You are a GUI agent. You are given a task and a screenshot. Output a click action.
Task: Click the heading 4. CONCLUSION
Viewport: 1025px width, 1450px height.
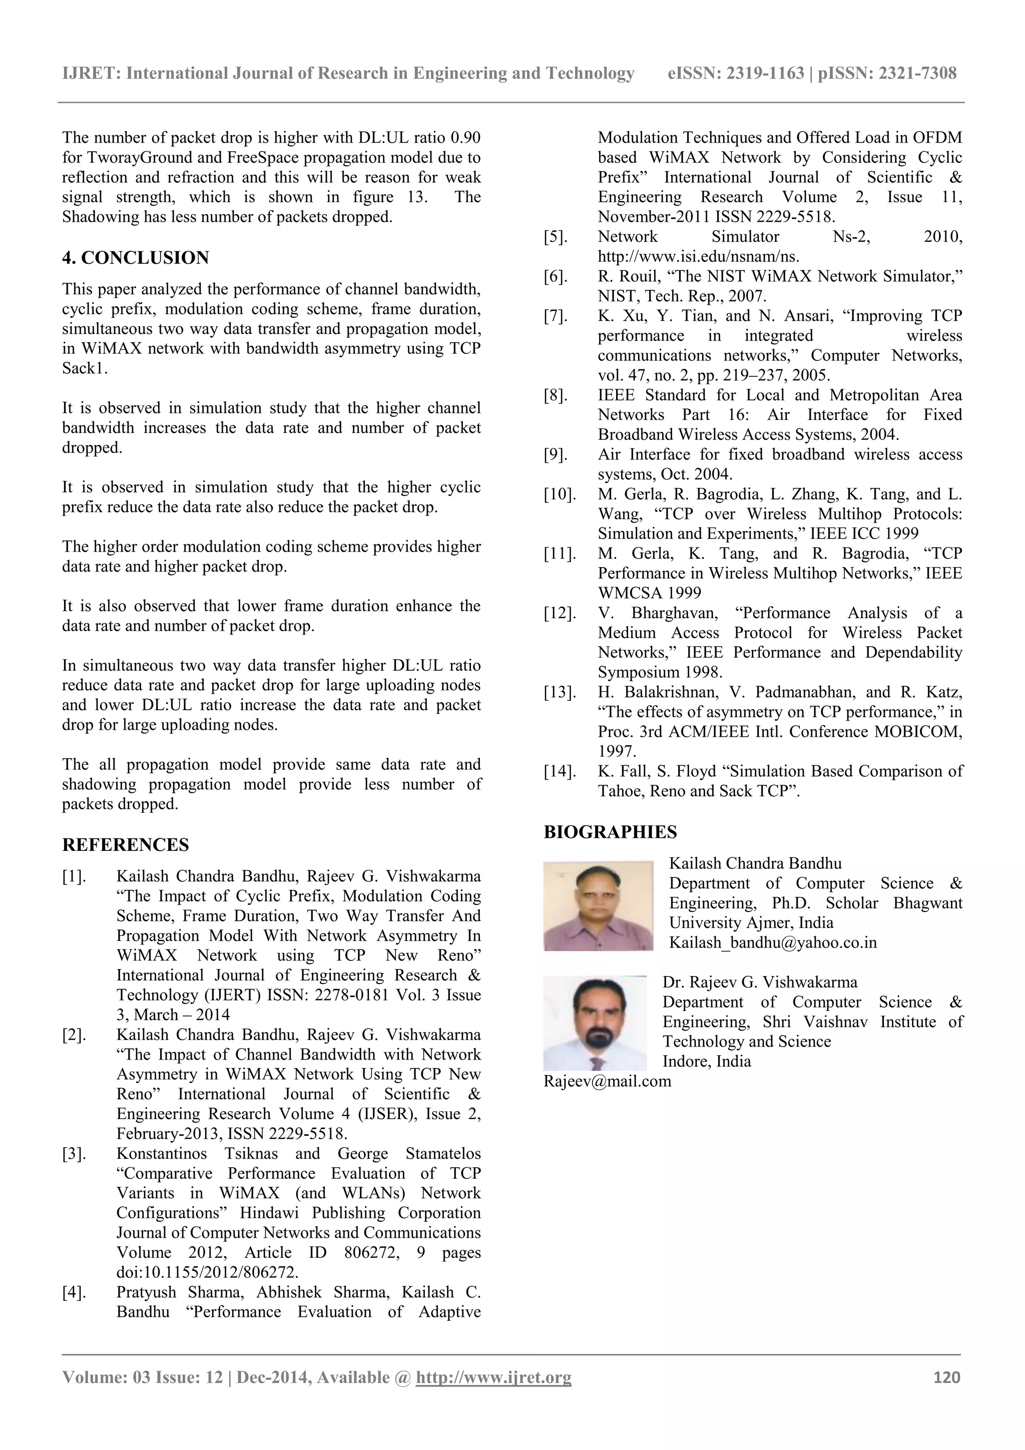[135, 258]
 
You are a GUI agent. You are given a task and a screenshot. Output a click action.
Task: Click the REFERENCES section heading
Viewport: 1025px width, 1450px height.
[125, 845]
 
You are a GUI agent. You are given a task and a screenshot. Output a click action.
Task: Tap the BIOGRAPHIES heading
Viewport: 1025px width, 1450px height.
[610, 832]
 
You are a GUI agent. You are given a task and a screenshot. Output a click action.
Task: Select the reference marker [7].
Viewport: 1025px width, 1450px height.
[556, 316]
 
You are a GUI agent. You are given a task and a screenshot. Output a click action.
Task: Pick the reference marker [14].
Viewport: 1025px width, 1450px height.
[560, 772]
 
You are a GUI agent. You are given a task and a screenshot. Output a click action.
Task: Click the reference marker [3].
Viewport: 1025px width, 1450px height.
[74, 1154]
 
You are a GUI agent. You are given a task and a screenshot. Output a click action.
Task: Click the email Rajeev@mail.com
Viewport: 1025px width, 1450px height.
[607, 1081]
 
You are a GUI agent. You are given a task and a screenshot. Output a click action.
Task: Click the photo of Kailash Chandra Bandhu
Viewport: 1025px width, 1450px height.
[598, 905]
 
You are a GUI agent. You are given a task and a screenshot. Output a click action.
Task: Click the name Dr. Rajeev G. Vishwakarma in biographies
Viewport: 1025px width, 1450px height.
[759, 983]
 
